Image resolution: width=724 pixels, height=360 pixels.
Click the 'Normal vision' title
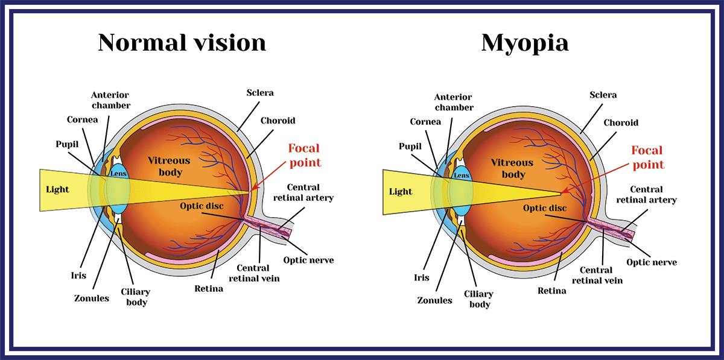(182, 42)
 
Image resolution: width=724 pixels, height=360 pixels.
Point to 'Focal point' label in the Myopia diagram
(647, 157)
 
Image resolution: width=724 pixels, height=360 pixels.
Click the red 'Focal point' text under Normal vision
(305, 156)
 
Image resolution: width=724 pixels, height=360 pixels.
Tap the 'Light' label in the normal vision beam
(57, 189)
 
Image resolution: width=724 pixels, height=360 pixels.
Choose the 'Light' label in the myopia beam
(401, 192)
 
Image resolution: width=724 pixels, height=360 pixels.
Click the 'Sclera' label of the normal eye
(260, 93)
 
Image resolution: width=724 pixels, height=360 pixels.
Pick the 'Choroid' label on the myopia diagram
(621, 123)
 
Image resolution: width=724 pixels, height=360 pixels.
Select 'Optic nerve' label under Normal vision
(308, 260)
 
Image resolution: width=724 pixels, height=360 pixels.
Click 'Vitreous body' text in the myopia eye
(512, 168)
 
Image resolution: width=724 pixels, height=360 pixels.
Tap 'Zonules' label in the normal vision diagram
(92, 298)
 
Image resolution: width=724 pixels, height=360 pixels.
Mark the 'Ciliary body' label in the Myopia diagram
(478, 299)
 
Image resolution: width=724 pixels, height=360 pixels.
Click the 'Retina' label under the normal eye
(209, 289)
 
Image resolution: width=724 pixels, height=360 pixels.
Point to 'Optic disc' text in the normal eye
(202, 206)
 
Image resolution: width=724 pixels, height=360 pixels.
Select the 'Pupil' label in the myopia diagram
(410, 147)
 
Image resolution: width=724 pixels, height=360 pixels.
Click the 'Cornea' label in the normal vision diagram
(83, 119)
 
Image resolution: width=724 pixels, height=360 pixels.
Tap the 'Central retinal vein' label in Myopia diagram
(597, 276)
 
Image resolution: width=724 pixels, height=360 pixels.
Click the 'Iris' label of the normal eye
(78, 276)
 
